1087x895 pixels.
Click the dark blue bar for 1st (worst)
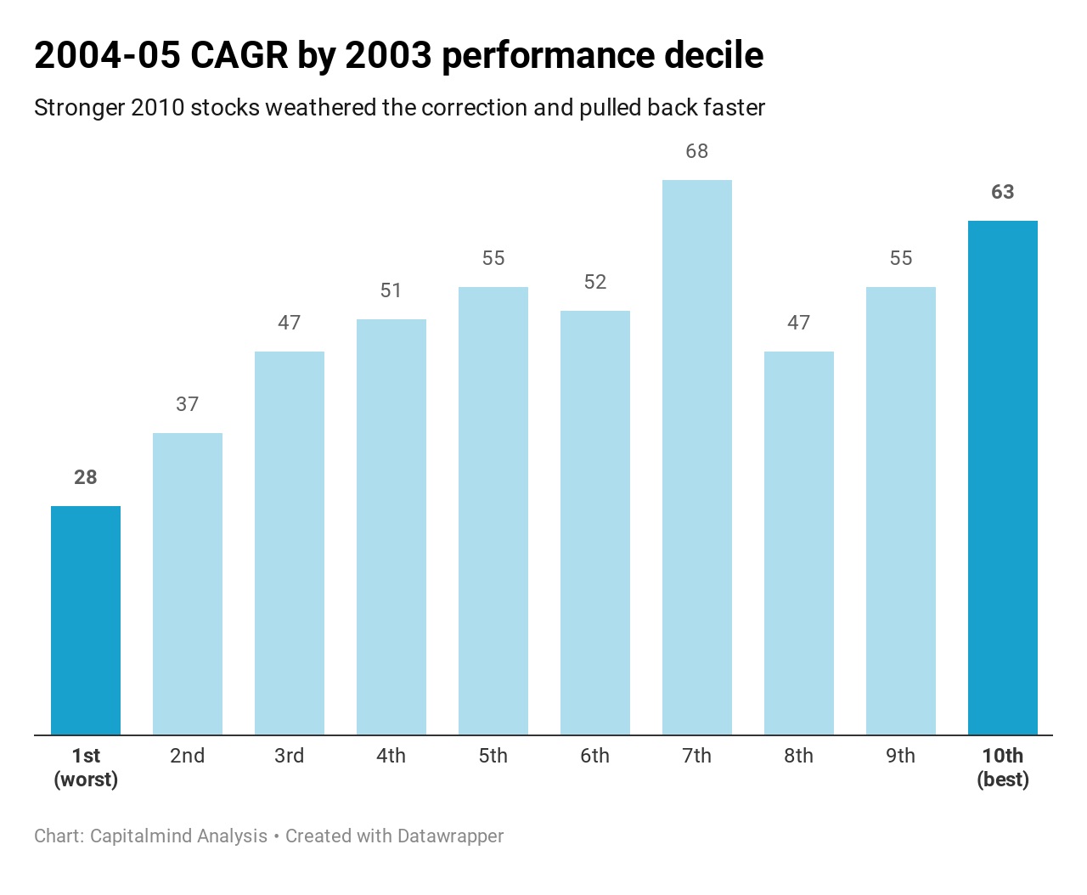coord(86,620)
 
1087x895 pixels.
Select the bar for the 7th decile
coord(696,457)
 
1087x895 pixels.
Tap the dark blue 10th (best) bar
coord(1003,477)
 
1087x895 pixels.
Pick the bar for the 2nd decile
coord(188,583)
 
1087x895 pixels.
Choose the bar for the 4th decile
coord(391,527)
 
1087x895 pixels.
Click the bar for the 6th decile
coord(595,523)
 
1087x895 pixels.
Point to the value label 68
coord(696,151)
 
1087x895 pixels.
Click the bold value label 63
coord(1003,192)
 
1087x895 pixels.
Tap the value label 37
coord(188,404)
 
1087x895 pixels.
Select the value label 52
coord(595,282)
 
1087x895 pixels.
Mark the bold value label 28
coord(86,477)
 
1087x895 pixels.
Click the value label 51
coord(391,290)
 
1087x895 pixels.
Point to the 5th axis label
coord(493,756)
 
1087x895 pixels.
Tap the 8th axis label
coord(798,756)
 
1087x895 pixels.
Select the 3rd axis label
coord(290,756)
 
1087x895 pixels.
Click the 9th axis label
coord(901,756)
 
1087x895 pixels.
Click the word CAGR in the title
coord(239,54)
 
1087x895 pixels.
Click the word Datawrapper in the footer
coord(450,836)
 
